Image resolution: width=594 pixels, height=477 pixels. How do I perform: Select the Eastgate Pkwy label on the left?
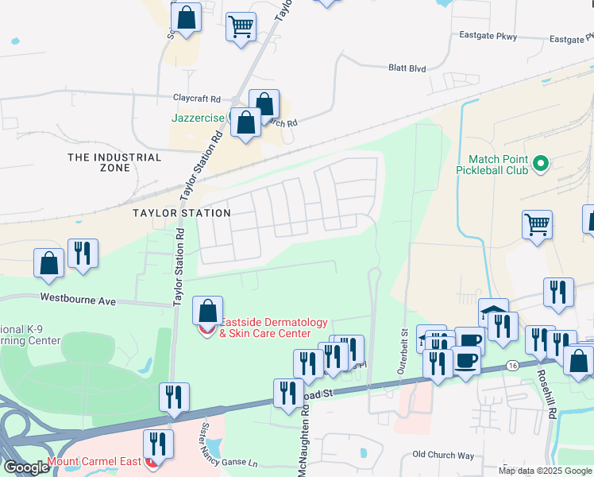[x=488, y=36]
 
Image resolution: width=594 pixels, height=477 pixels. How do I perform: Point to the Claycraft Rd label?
[x=197, y=99]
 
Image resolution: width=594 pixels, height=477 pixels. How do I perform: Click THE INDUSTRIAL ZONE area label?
[x=114, y=163]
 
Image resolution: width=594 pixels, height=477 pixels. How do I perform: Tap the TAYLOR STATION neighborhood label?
[x=181, y=213]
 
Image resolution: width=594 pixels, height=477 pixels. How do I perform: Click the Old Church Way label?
[x=443, y=455]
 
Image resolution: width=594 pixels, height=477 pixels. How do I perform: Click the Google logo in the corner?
[x=25, y=467]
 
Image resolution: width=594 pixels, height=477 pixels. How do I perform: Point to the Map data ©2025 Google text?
[x=545, y=471]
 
